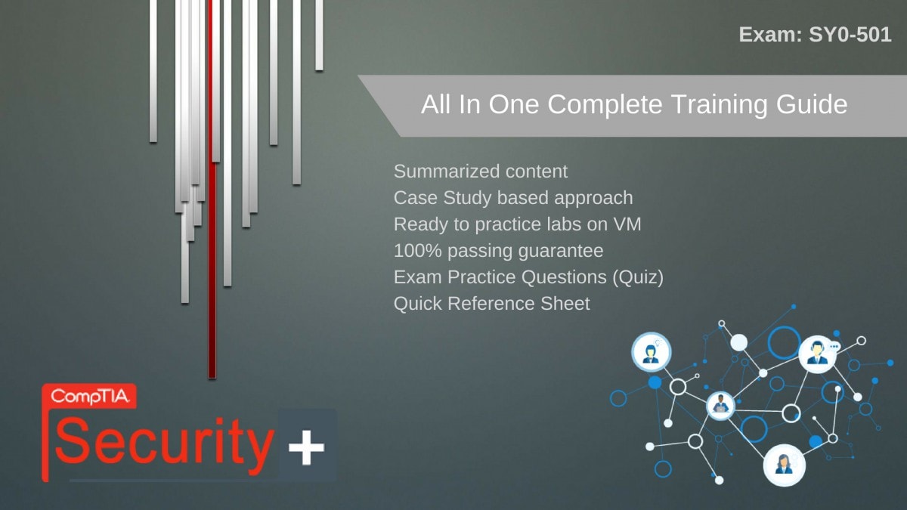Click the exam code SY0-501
click(x=850, y=35)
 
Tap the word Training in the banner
click(x=719, y=105)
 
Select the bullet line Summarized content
click(x=481, y=172)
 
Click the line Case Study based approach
click(x=513, y=198)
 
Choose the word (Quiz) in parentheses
click(x=638, y=278)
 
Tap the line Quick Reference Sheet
click(x=491, y=304)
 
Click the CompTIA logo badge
click(x=89, y=396)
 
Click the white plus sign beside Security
click(x=306, y=447)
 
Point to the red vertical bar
click(x=212, y=189)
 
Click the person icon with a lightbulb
click(x=651, y=352)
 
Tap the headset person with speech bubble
click(x=818, y=354)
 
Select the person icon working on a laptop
click(x=720, y=406)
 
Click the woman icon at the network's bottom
click(x=784, y=465)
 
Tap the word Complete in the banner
click(x=605, y=105)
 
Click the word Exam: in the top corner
click(x=770, y=35)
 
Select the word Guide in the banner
click(x=812, y=105)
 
